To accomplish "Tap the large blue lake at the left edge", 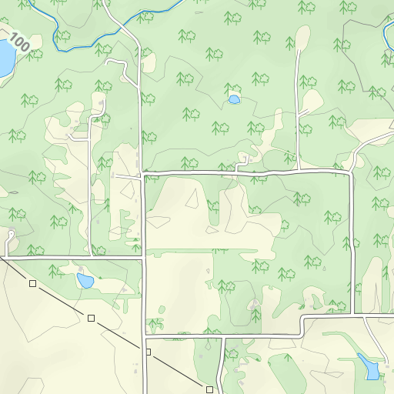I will point(5,57).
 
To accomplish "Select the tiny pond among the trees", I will point(234,99).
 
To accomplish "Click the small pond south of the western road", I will point(85,280).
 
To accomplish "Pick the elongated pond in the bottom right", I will point(369,366).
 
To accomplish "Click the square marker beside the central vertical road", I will point(149,352).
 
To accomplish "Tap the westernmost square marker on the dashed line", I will point(32,284).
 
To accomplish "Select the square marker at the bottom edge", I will point(209,389).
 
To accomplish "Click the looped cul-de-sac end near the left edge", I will point(11,233).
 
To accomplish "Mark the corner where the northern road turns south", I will point(352,172).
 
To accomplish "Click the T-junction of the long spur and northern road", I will point(298,169).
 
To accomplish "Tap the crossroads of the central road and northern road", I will point(142,175).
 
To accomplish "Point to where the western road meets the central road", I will point(144,257).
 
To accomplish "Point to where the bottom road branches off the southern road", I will point(223,336).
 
